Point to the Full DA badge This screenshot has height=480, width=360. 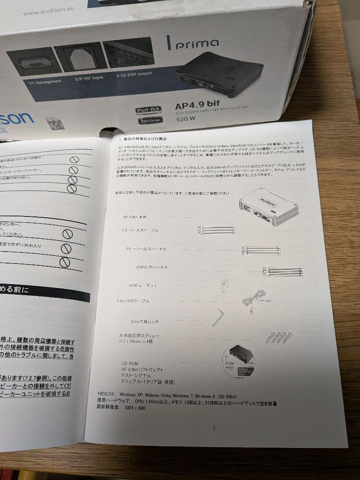[148, 109]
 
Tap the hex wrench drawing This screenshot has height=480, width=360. [218, 317]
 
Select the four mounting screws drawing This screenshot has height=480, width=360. [279, 337]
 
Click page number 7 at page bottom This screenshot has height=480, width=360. [214, 428]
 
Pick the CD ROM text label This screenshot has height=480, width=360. [129, 363]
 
